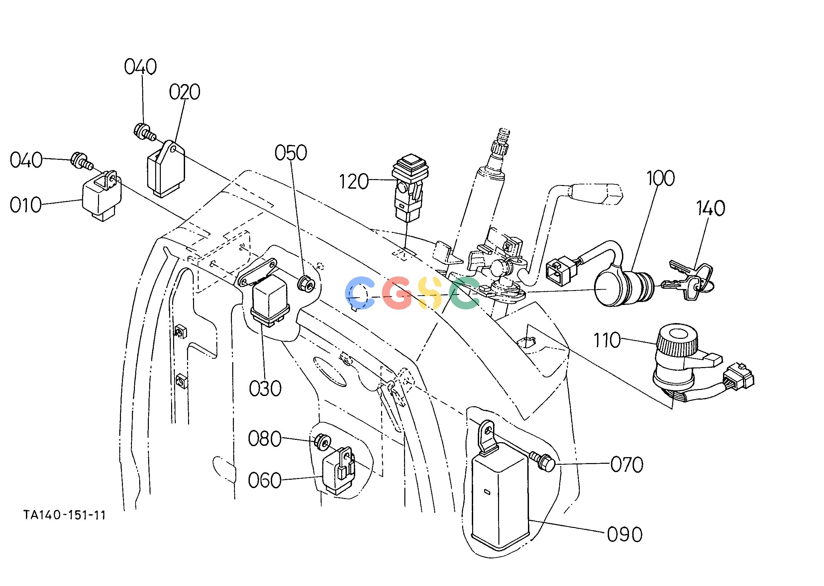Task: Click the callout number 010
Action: pos(26,205)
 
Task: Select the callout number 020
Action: pos(184,92)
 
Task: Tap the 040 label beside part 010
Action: pos(26,160)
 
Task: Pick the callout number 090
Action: pos(625,535)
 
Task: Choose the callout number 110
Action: pos(607,340)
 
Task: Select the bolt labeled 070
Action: pos(544,462)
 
